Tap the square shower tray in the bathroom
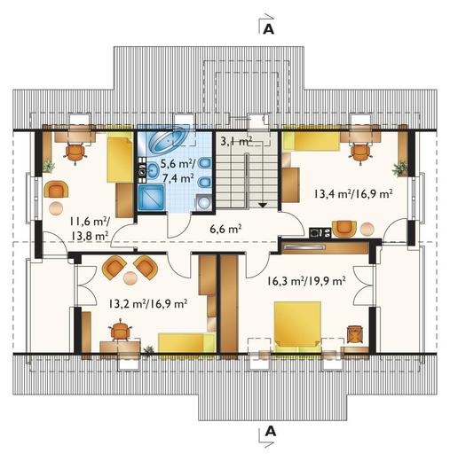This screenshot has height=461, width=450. tap(151, 197)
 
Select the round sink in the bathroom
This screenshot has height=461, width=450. tap(153, 171)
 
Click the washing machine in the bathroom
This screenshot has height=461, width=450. tap(203, 202)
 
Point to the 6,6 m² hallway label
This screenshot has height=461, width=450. tap(225, 229)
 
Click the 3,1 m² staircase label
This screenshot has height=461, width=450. tap(236, 142)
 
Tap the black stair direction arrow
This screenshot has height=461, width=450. tap(263, 205)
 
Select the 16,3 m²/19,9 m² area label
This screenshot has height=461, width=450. tap(306, 280)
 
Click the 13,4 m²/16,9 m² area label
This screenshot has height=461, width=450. tap(353, 194)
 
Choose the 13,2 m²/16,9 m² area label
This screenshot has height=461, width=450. tap(148, 304)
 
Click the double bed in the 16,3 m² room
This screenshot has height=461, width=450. tap(297, 327)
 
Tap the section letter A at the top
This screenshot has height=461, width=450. tap(269, 29)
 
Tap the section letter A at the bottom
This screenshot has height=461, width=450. tap(271, 432)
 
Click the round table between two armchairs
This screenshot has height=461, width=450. tap(130, 278)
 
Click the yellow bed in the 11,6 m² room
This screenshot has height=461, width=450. tap(120, 160)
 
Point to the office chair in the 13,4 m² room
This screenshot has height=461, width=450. tap(359, 153)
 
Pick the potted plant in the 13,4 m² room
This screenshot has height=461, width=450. tap(399, 168)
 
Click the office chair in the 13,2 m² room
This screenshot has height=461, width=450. tap(120, 331)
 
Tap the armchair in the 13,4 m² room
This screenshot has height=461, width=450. tap(344, 229)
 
